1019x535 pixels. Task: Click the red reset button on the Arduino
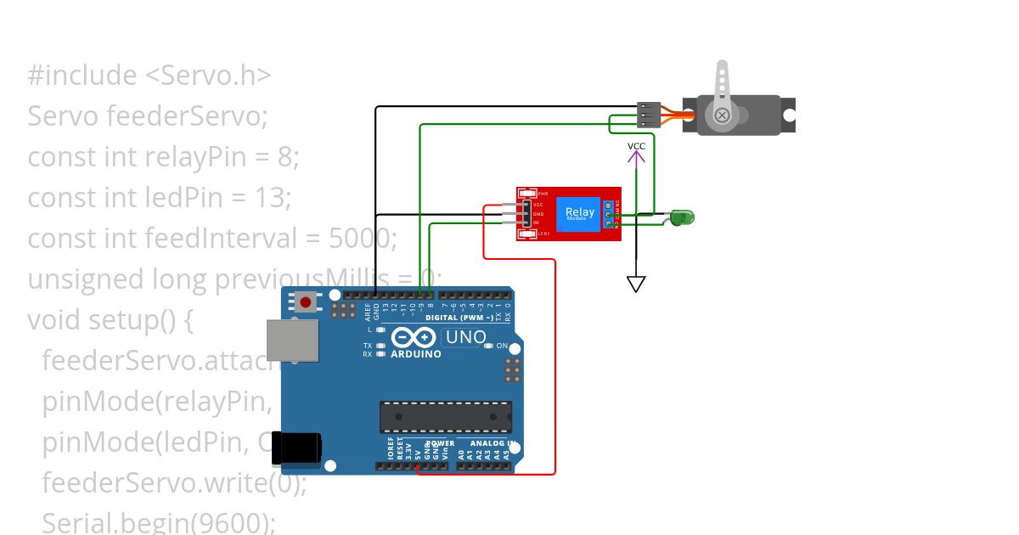(x=305, y=301)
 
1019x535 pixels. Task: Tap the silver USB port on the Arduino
(x=292, y=341)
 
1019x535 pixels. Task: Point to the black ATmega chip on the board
(x=445, y=416)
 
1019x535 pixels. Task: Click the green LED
(x=682, y=217)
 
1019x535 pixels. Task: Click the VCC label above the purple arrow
(x=636, y=146)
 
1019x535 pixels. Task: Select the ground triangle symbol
(x=636, y=284)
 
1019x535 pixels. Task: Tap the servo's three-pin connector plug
(x=648, y=115)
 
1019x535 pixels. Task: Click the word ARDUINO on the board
(x=416, y=353)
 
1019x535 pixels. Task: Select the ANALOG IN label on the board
(x=486, y=443)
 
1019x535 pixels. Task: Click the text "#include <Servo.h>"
(x=149, y=76)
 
